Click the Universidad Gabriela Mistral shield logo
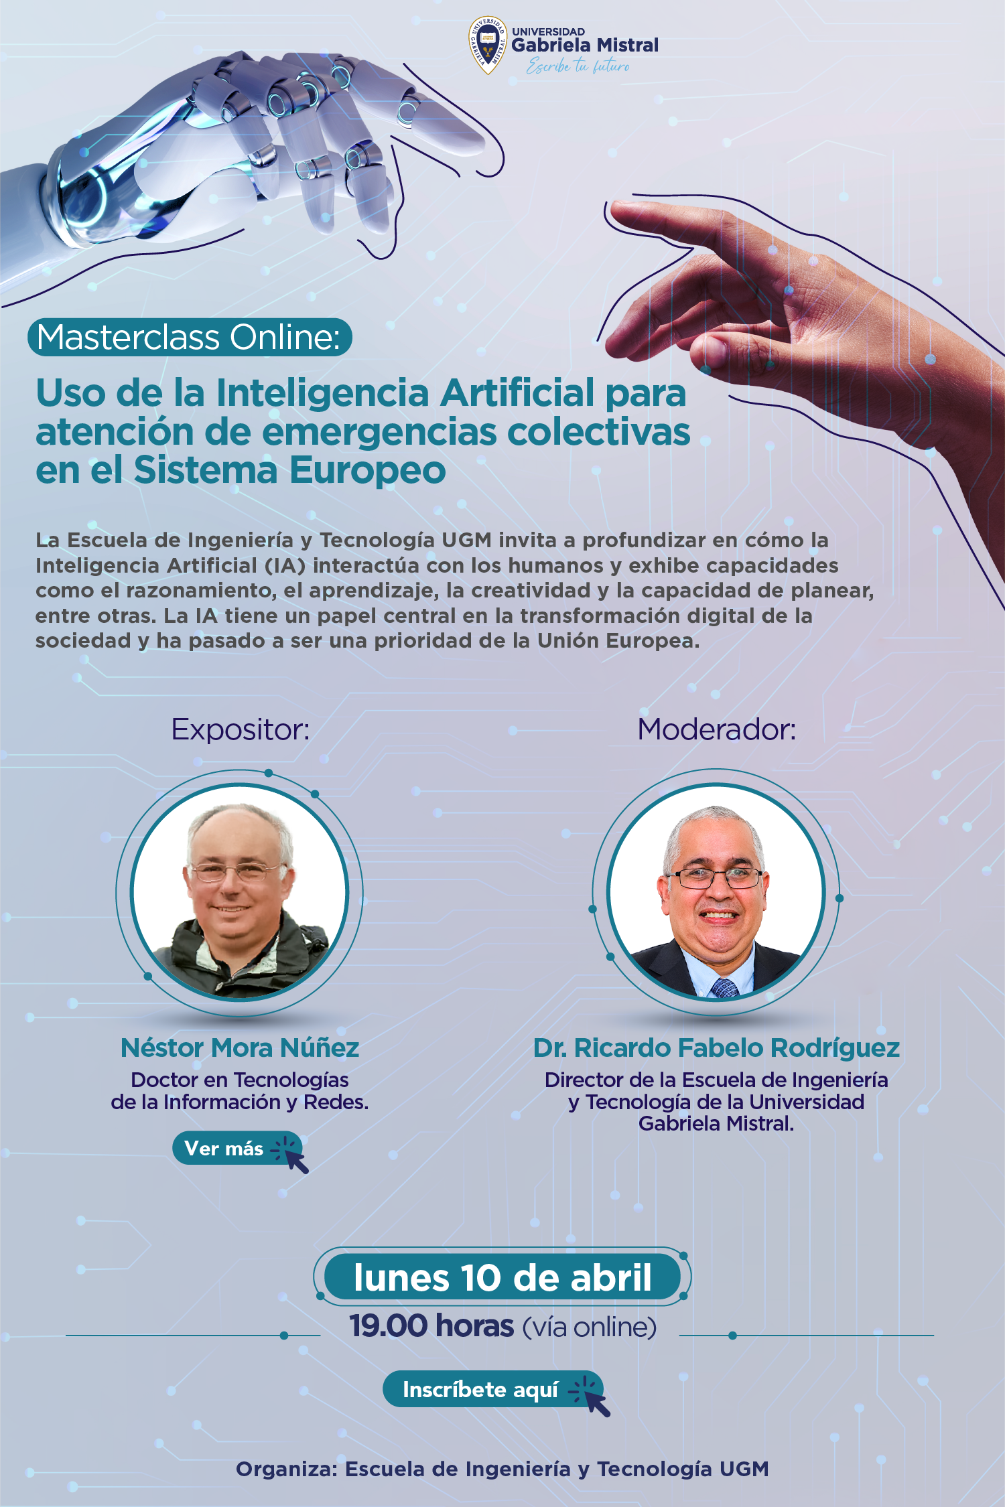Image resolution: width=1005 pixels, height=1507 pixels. coord(487,45)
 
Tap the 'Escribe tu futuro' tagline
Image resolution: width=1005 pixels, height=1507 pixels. coord(578,66)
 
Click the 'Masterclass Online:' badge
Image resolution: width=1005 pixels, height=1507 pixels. coord(190,337)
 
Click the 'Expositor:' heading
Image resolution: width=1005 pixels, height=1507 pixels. coord(241,729)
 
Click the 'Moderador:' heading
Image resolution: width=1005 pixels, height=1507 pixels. coord(717,729)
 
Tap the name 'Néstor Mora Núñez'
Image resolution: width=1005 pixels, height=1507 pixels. coord(240,1048)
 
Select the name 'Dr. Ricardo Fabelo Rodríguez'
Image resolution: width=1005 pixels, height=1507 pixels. coord(716,1048)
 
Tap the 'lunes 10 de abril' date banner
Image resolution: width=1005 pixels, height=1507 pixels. coord(503,1277)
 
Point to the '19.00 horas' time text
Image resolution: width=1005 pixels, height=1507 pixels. coord(431,1326)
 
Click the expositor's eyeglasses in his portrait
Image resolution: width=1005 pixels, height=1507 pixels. coord(239,871)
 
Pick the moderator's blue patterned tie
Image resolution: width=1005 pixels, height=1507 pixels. coord(725,987)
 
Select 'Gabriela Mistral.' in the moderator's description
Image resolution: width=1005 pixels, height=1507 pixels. coord(716,1123)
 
